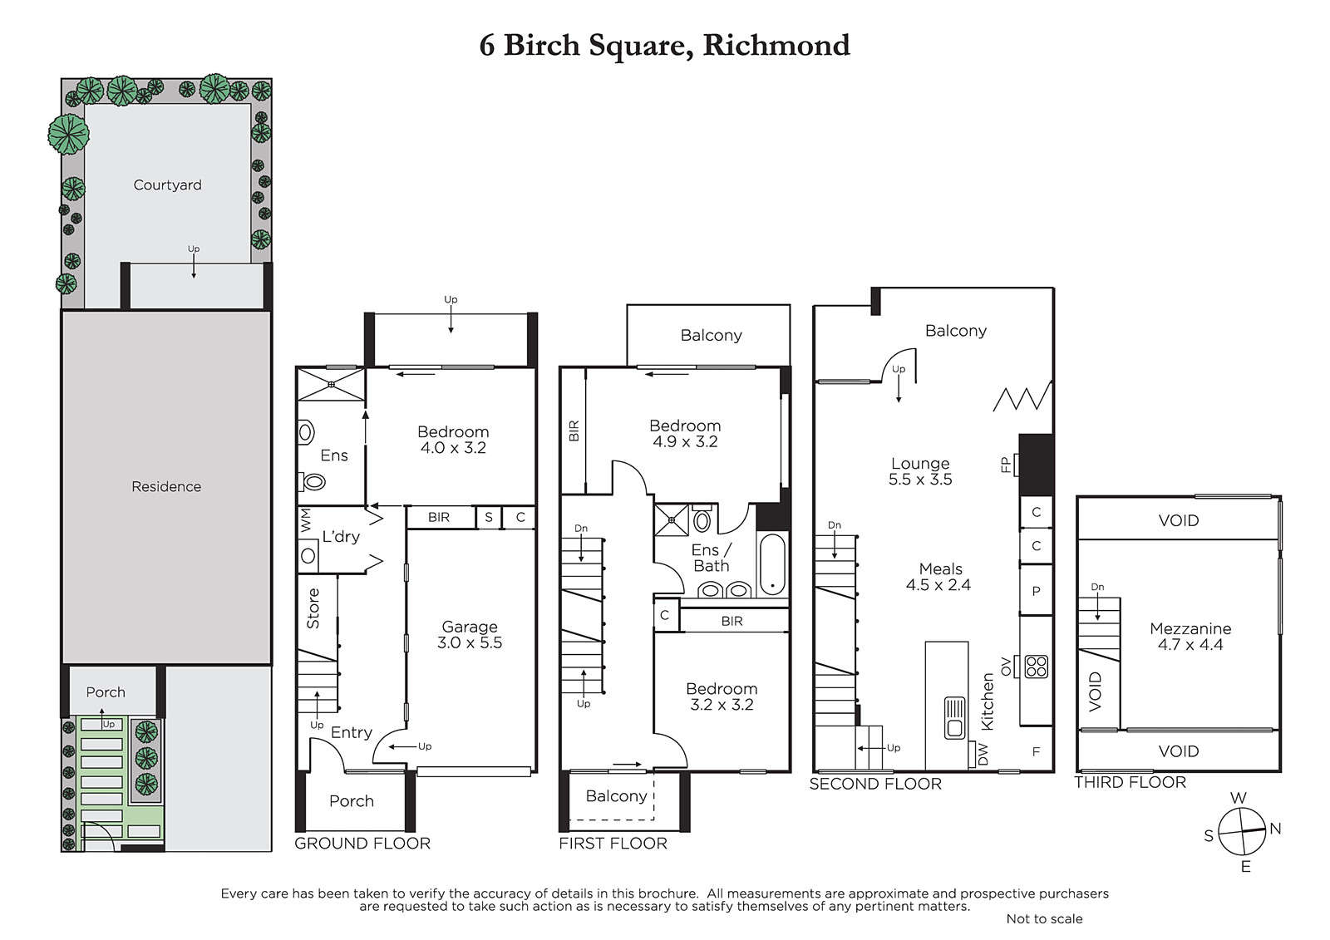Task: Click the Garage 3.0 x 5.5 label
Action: click(x=470, y=634)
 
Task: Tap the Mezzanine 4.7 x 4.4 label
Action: click(x=1190, y=637)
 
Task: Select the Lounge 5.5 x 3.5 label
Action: click(x=920, y=471)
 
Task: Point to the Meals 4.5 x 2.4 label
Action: click(x=938, y=577)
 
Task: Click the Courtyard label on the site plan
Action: click(x=167, y=185)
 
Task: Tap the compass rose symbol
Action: click(x=1242, y=831)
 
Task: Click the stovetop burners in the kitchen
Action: click(x=1037, y=667)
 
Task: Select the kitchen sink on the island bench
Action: click(x=955, y=718)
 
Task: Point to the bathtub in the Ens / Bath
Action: click(x=772, y=564)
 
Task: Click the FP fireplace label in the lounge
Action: click(x=1005, y=465)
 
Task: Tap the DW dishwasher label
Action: click(x=983, y=755)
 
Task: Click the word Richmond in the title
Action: click(x=776, y=45)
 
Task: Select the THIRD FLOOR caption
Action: click(x=1130, y=782)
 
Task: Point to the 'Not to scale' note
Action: click(x=1044, y=918)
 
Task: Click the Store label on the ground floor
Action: click(x=313, y=608)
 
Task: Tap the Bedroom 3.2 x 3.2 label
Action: click(x=722, y=696)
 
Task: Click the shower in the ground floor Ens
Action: click(x=331, y=384)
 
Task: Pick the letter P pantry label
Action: click(x=1036, y=591)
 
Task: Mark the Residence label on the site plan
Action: click(x=166, y=486)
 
